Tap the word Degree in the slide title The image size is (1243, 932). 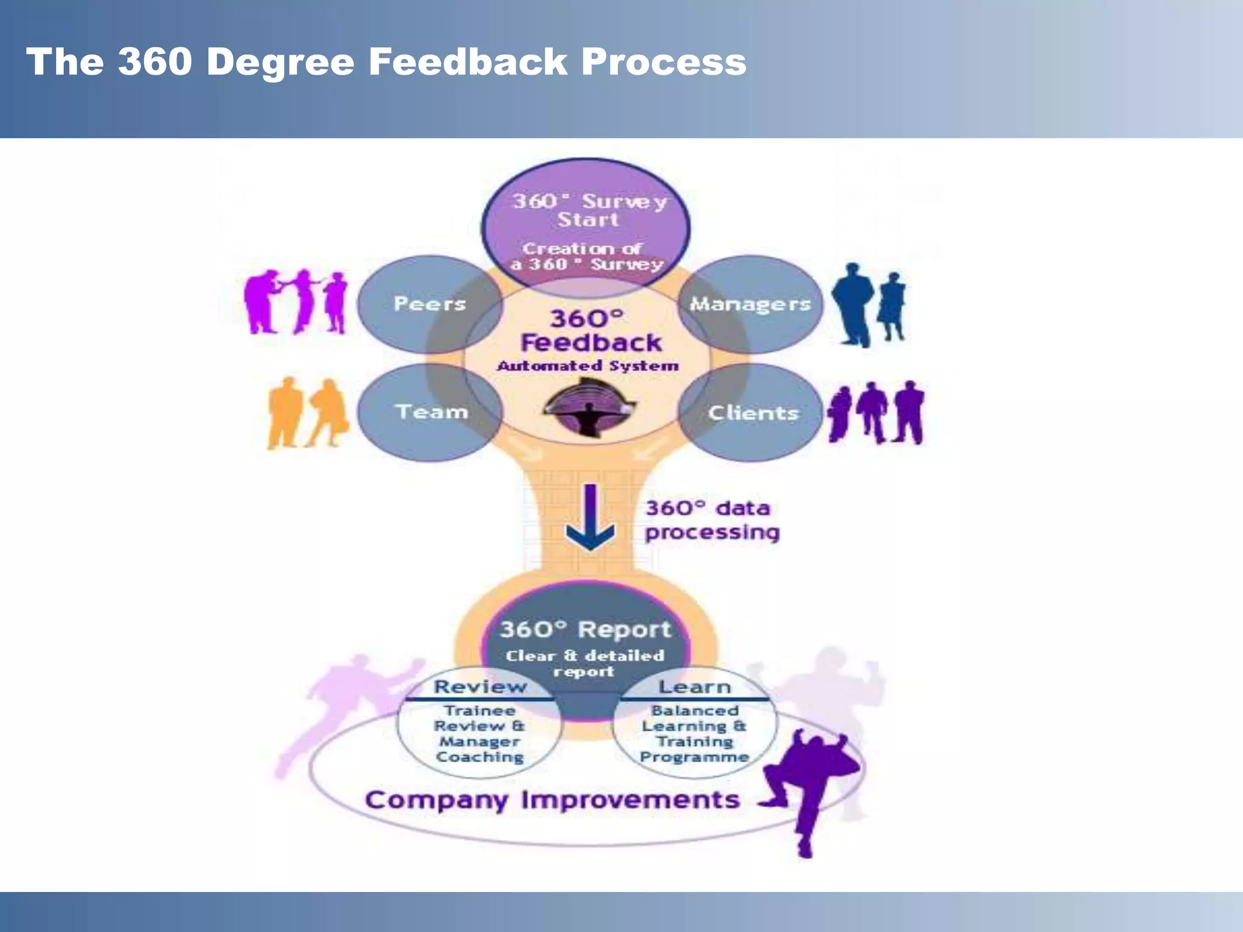pyautogui.click(x=280, y=62)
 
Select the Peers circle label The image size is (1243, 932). pyautogui.click(x=430, y=303)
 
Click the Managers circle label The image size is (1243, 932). pyautogui.click(x=750, y=303)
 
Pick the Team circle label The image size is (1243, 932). pyautogui.click(x=432, y=412)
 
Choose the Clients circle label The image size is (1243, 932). pyautogui.click(x=753, y=413)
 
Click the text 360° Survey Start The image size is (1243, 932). pyautogui.click(x=588, y=210)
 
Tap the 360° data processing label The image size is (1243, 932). pyautogui.click(x=711, y=520)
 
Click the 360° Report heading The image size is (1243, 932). pyautogui.click(x=585, y=630)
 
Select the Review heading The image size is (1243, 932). pyautogui.click(x=480, y=687)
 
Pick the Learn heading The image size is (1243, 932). pyautogui.click(x=694, y=687)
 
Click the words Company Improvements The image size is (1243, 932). pyautogui.click(x=552, y=800)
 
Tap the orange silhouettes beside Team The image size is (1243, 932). pyautogui.click(x=307, y=414)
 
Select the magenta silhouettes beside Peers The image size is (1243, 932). pyautogui.click(x=296, y=302)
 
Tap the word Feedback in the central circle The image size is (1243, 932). pyautogui.click(x=591, y=343)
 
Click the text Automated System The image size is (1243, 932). pyautogui.click(x=588, y=366)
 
